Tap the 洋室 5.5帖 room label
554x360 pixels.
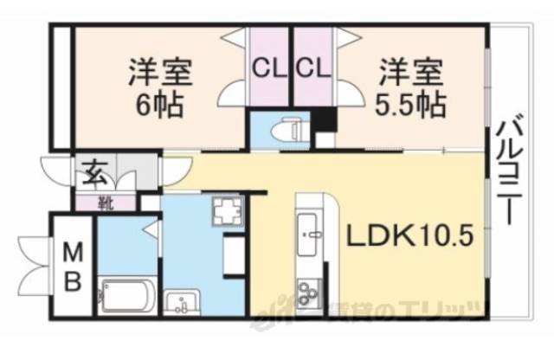(x=411, y=87)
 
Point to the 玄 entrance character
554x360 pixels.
(x=94, y=177)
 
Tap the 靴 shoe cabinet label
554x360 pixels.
(x=105, y=204)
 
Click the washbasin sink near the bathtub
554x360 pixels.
(x=182, y=303)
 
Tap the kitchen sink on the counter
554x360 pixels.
(x=309, y=234)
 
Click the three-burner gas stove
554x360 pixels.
(x=308, y=293)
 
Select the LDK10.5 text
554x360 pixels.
(x=409, y=235)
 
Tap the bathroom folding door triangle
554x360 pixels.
(x=152, y=229)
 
